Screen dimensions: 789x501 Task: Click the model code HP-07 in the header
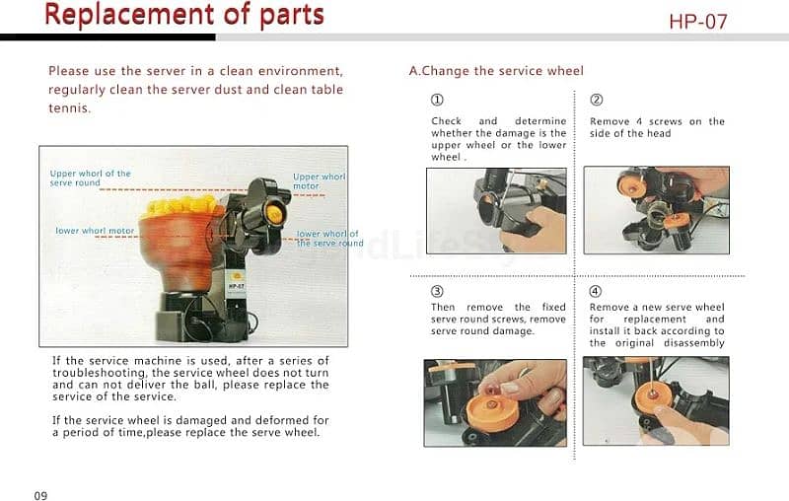coord(698,22)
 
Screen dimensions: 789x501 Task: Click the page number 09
coord(40,495)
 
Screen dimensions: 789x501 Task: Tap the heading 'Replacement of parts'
coord(184,15)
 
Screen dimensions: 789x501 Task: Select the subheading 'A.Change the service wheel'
coord(496,71)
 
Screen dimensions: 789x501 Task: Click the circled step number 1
coord(437,100)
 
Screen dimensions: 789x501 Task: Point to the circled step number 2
coord(597,100)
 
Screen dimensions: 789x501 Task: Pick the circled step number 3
coord(437,291)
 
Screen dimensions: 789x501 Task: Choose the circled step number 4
coord(596,291)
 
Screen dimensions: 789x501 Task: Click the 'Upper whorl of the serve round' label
coord(90,179)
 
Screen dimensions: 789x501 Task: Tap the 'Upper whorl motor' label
coord(319,181)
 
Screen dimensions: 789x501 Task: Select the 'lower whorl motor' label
coord(95,231)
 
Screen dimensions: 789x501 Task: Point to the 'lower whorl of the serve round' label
coord(329,239)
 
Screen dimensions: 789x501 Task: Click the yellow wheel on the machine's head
coord(275,214)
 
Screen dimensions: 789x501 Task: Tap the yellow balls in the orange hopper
coord(179,206)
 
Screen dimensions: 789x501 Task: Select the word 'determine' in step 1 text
coord(539,121)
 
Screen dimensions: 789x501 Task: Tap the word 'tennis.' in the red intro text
coord(69,108)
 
